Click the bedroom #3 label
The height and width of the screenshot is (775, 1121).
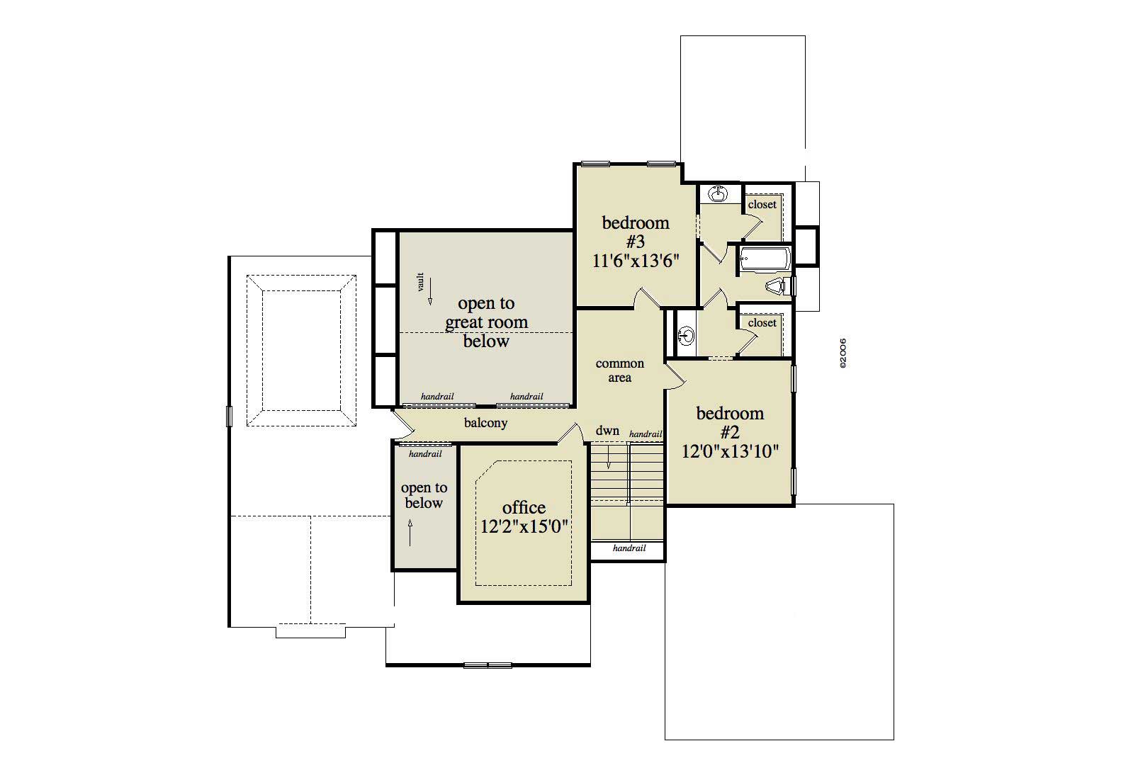click(x=636, y=232)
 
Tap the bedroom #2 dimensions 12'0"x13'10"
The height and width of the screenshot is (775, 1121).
click(x=730, y=451)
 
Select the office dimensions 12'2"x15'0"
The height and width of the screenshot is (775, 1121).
click(x=524, y=527)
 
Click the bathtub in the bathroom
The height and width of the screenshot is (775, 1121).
click(x=765, y=259)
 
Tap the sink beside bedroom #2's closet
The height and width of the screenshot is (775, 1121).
click(x=686, y=335)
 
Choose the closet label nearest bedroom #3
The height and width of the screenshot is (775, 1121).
click(x=762, y=205)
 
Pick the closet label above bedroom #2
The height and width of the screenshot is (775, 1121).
click(x=762, y=323)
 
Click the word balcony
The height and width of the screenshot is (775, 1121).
click(x=485, y=423)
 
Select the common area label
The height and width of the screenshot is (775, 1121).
click(x=619, y=370)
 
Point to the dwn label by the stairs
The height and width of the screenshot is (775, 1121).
click(x=607, y=431)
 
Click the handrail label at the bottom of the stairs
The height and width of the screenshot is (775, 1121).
click(x=629, y=548)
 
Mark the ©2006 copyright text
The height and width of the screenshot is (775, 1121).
click(x=843, y=353)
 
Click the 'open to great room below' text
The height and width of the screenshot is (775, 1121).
click(x=486, y=322)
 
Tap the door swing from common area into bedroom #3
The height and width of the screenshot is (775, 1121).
click(x=646, y=298)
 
